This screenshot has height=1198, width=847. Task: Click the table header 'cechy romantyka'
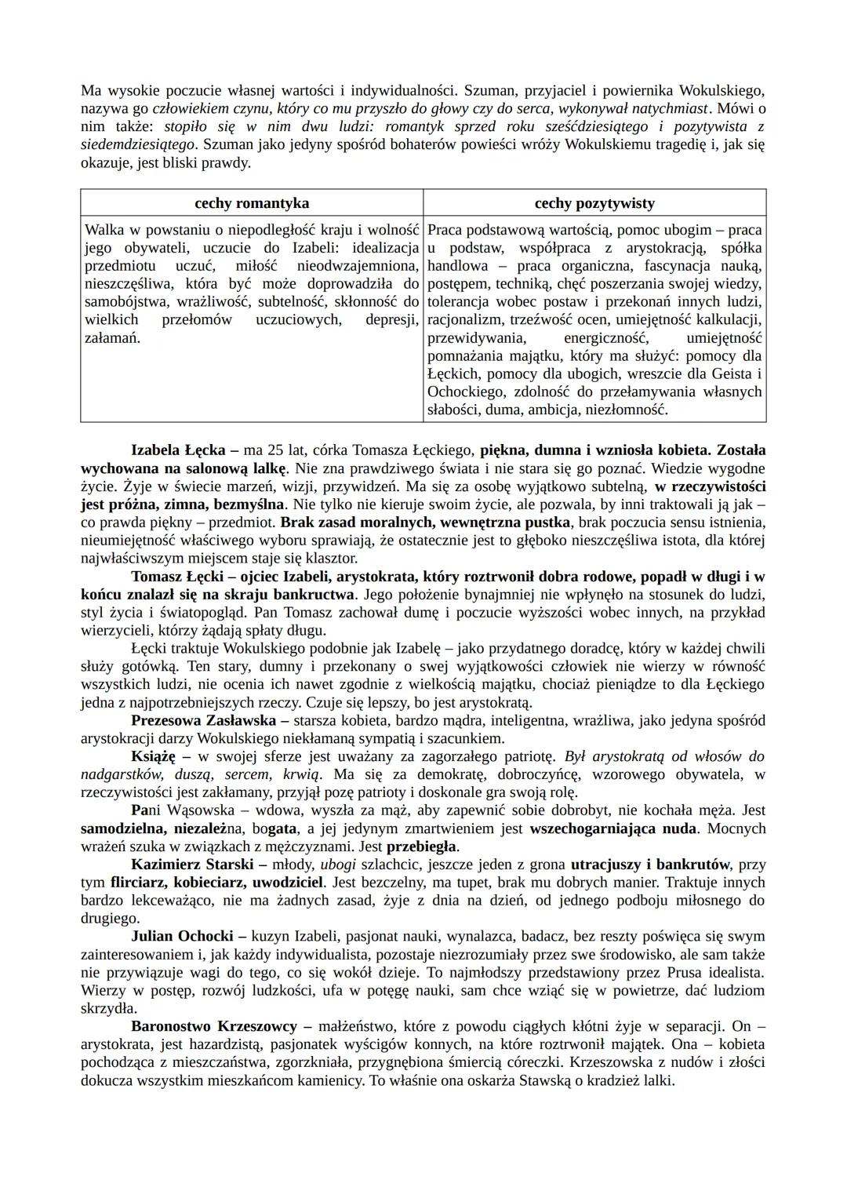pyautogui.click(x=252, y=203)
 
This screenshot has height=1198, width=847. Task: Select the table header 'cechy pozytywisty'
pyautogui.click(x=594, y=203)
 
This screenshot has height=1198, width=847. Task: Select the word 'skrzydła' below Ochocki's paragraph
pyautogui.click(x=109, y=1008)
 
